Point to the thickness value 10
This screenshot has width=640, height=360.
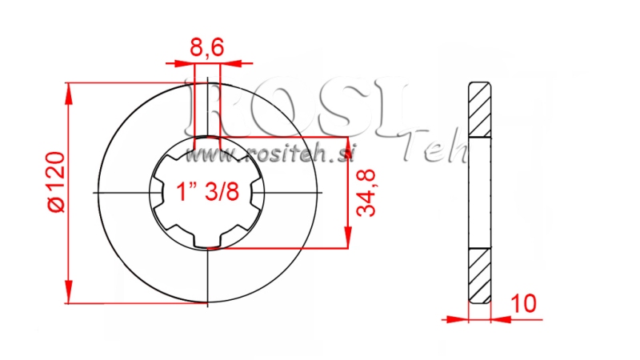525,304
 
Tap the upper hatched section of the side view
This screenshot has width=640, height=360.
479,110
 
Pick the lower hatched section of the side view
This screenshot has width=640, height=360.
479,275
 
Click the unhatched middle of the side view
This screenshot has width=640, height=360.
479,192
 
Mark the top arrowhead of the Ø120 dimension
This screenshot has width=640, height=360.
69,90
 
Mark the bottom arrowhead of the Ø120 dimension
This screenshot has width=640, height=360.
69,294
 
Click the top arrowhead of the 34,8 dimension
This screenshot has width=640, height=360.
348,144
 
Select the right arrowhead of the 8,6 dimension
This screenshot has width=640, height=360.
227,62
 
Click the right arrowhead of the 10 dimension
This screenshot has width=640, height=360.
501,318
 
